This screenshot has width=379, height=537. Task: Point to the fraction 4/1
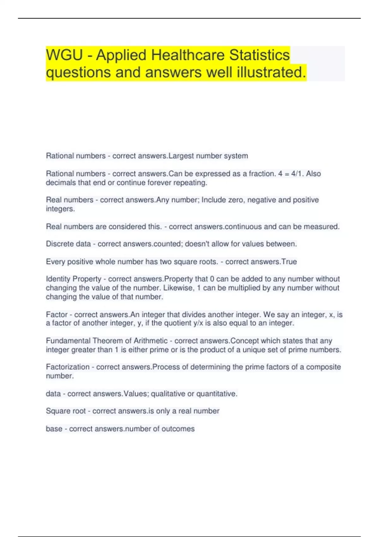pyautogui.click(x=296, y=174)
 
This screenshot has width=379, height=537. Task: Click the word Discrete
pyautogui.click(x=59, y=244)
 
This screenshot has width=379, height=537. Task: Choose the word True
pyautogui.click(x=289, y=262)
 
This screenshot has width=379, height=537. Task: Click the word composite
pyautogui.click(x=323, y=367)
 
